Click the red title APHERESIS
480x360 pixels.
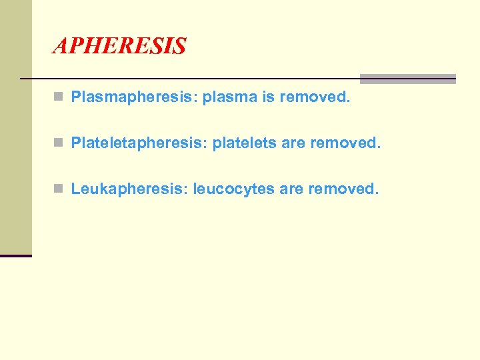pos(119,46)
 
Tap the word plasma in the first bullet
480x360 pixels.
pos(230,97)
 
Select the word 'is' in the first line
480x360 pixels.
pos(268,97)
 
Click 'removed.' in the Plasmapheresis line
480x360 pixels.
pos(314,97)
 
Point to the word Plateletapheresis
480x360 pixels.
pos(139,143)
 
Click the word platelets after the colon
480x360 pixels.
pos(244,143)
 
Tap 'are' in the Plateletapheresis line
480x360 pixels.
pos(293,143)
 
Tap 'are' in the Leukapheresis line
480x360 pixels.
pos(291,189)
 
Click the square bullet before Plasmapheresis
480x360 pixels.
pos(59,98)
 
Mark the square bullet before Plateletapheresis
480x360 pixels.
pos(59,143)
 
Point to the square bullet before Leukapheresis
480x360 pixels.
pos(59,189)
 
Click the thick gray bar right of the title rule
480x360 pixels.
pos(407,79)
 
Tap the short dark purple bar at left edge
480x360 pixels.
pos(15,255)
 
